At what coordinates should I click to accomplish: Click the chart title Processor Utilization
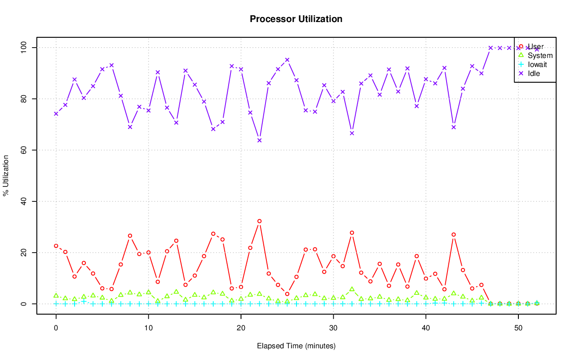coord(296,19)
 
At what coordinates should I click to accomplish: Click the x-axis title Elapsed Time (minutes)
coord(296,346)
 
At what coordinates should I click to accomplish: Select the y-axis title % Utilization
coord(6,175)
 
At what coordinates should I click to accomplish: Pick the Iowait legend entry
coord(537,64)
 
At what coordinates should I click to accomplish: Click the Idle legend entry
coord(534,73)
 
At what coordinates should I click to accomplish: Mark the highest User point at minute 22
coord(259,221)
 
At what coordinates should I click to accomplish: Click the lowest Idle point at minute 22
coord(259,140)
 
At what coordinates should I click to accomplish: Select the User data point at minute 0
coord(56,246)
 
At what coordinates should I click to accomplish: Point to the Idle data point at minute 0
coord(56,114)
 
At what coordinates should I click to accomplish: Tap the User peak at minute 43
coord(454,235)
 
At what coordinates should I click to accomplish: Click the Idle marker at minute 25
coord(287,60)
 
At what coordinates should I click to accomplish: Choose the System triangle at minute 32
coord(352,289)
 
